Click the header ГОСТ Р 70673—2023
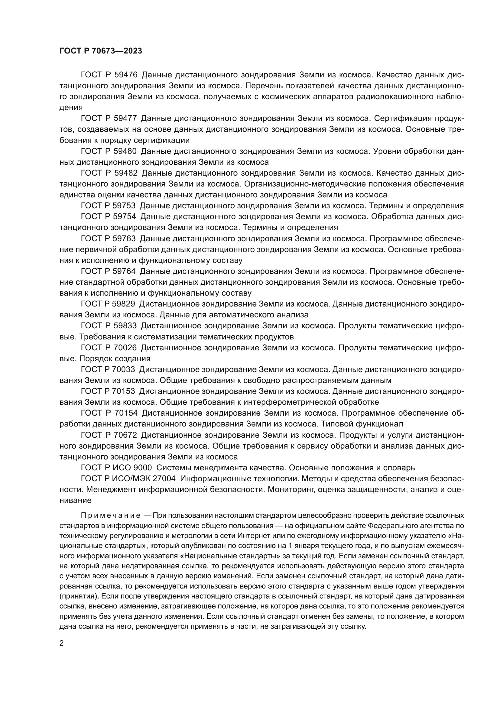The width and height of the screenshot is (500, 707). pyautogui.click(x=101, y=51)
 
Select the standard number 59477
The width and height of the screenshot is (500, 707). pyautogui.click(x=125, y=118)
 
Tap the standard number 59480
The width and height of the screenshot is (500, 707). pyautogui.click(x=125, y=151)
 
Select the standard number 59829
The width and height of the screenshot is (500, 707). pyautogui.click(x=124, y=304)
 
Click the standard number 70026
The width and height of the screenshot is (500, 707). pyautogui.click(x=125, y=348)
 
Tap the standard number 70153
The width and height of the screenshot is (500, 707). pyautogui.click(x=124, y=391)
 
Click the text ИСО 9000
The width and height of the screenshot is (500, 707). pyautogui.click(x=133, y=468)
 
